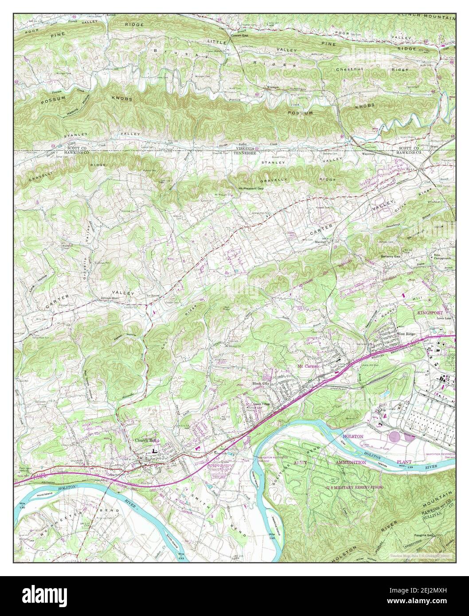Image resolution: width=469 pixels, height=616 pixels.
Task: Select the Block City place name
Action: pos(261,383)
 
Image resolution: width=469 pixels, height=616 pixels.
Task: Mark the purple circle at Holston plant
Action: pos(394,436)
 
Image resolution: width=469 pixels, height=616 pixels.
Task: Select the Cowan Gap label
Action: pos(239,35)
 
